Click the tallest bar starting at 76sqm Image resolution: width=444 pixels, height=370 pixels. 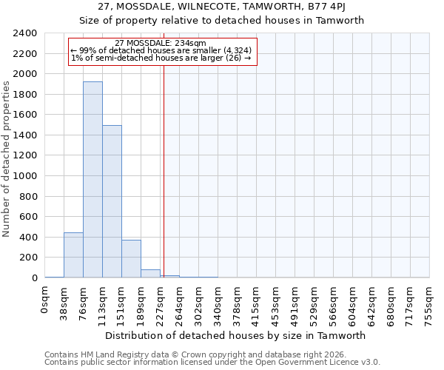[x=92, y=180]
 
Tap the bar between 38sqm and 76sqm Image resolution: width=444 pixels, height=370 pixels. [x=73, y=255]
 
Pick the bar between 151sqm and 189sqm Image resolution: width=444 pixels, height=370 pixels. [x=131, y=259]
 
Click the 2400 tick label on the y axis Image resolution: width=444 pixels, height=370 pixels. [x=25, y=33]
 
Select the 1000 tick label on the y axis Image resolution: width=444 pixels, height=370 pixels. [x=25, y=176]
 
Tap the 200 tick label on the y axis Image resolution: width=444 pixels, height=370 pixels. [x=28, y=258]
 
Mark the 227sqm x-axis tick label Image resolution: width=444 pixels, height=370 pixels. [x=161, y=302]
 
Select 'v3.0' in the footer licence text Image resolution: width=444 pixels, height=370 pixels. [x=370, y=363]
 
